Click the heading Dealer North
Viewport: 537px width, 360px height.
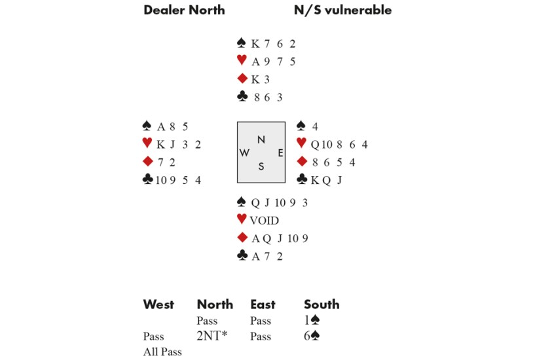(x=184, y=10)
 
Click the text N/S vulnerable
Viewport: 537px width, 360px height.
(x=343, y=10)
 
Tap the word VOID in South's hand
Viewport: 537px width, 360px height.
(x=264, y=221)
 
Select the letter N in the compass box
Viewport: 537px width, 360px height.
(x=261, y=139)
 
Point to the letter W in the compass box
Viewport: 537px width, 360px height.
(x=244, y=153)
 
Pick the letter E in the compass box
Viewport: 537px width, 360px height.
(x=280, y=153)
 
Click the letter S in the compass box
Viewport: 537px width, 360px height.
(x=261, y=166)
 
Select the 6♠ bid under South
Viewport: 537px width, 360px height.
(x=312, y=336)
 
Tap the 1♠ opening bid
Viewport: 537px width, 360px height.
(x=312, y=321)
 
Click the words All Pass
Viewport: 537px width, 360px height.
(x=162, y=352)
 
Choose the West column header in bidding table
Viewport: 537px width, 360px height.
(x=158, y=304)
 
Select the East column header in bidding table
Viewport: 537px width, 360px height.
(x=263, y=304)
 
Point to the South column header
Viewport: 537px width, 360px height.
(x=322, y=304)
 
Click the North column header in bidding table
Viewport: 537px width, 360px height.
(x=215, y=304)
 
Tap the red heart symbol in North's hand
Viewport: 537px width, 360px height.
(x=242, y=62)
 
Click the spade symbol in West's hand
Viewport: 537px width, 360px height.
(x=147, y=126)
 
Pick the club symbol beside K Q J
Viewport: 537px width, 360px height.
(x=302, y=179)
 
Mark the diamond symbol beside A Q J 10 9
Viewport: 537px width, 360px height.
(x=242, y=238)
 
